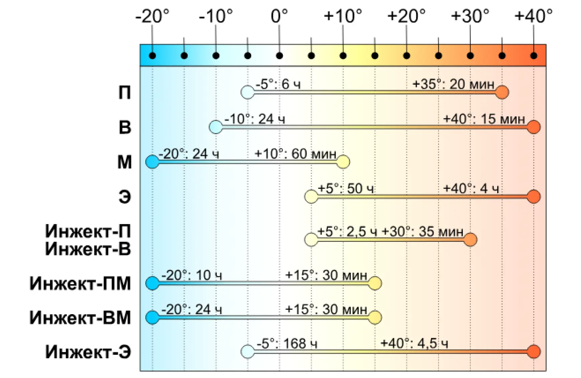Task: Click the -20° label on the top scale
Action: [x=152, y=16]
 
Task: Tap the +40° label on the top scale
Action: [x=533, y=16]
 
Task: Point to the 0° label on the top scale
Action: [x=279, y=16]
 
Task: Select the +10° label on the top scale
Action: [x=343, y=16]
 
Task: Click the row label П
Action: [x=125, y=93]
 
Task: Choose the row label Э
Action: [x=125, y=197]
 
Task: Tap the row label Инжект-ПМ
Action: [x=80, y=283]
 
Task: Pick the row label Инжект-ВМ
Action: [x=80, y=318]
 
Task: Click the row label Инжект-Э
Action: [x=88, y=352]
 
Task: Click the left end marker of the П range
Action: [x=247, y=92]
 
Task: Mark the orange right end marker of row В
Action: [x=534, y=127]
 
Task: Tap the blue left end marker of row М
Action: [x=152, y=162]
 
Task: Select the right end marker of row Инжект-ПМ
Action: [x=375, y=283]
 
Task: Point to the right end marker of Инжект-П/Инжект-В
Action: [x=470, y=240]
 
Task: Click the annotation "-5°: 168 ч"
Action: [x=287, y=343]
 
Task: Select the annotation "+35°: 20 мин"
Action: [x=453, y=84]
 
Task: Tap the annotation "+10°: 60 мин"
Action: [x=295, y=154]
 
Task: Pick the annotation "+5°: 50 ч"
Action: [x=346, y=188]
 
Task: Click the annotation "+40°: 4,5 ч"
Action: [x=414, y=343]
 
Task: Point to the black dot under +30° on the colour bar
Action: [x=470, y=56]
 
